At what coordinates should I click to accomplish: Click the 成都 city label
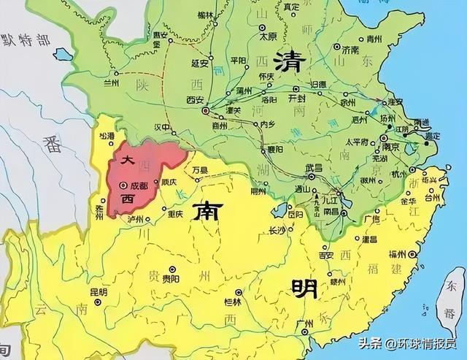click(x=139, y=186)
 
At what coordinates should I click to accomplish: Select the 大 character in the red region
click(x=128, y=159)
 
